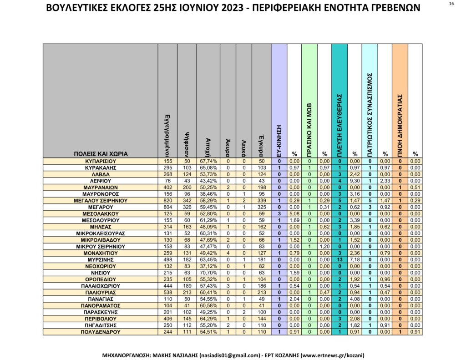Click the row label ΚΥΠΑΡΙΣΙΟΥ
click(101, 161)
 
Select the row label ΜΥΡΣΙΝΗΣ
click(101, 259)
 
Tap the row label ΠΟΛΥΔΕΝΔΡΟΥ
click(101, 332)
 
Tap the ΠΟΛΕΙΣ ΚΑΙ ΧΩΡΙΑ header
click(101, 154)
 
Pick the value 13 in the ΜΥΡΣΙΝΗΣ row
click(339, 259)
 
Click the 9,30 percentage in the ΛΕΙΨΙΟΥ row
click(355, 181)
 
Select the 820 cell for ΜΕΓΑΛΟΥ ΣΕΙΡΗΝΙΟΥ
click(166, 200)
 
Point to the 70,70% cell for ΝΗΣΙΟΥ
click(208, 272)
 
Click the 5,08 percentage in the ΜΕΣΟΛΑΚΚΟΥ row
click(294, 213)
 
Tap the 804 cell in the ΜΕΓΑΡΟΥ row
click(166, 207)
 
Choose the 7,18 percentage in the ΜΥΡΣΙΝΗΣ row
click(355, 259)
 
